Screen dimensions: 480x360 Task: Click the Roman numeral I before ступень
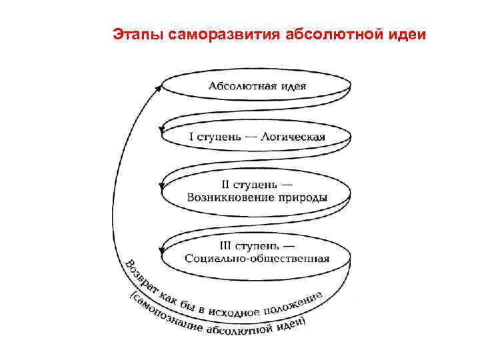(191, 137)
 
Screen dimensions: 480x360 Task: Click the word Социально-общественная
(257, 259)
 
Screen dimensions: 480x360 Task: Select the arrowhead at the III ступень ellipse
(161, 250)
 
